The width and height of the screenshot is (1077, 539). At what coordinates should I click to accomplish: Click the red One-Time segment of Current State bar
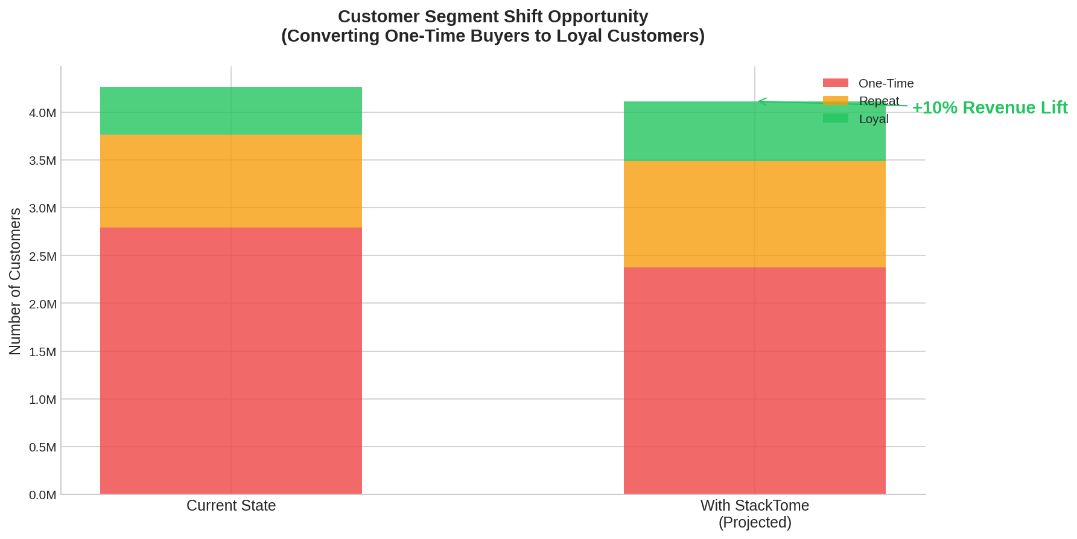[x=231, y=361]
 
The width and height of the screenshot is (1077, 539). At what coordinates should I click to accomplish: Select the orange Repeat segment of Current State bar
[x=231, y=181]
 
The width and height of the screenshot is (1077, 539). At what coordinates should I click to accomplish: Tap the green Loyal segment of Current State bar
[x=231, y=111]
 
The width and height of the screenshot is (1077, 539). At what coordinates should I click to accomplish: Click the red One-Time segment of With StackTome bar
[x=754, y=380]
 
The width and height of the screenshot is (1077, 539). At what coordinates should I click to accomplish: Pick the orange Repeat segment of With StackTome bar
[x=754, y=214]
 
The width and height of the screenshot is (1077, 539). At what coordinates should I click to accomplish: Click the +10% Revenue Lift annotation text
[x=990, y=107]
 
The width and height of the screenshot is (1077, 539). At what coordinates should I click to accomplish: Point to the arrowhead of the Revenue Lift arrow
[x=760, y=101]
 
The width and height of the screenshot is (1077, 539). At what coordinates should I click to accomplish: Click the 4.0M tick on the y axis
[x=42, y=113]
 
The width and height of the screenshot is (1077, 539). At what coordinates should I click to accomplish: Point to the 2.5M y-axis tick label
[x=42, y=257]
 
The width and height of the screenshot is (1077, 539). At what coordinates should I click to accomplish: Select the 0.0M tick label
[x=42, y=495]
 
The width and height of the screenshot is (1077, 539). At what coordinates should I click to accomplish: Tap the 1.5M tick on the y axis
[x=42, y=352]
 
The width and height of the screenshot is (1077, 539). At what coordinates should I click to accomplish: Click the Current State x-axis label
[x=231, y=505]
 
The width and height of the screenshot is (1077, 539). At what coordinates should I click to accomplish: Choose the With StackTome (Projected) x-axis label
[x=754, y=514]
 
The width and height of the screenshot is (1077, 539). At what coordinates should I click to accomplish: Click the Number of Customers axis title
[x=15, y=281]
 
